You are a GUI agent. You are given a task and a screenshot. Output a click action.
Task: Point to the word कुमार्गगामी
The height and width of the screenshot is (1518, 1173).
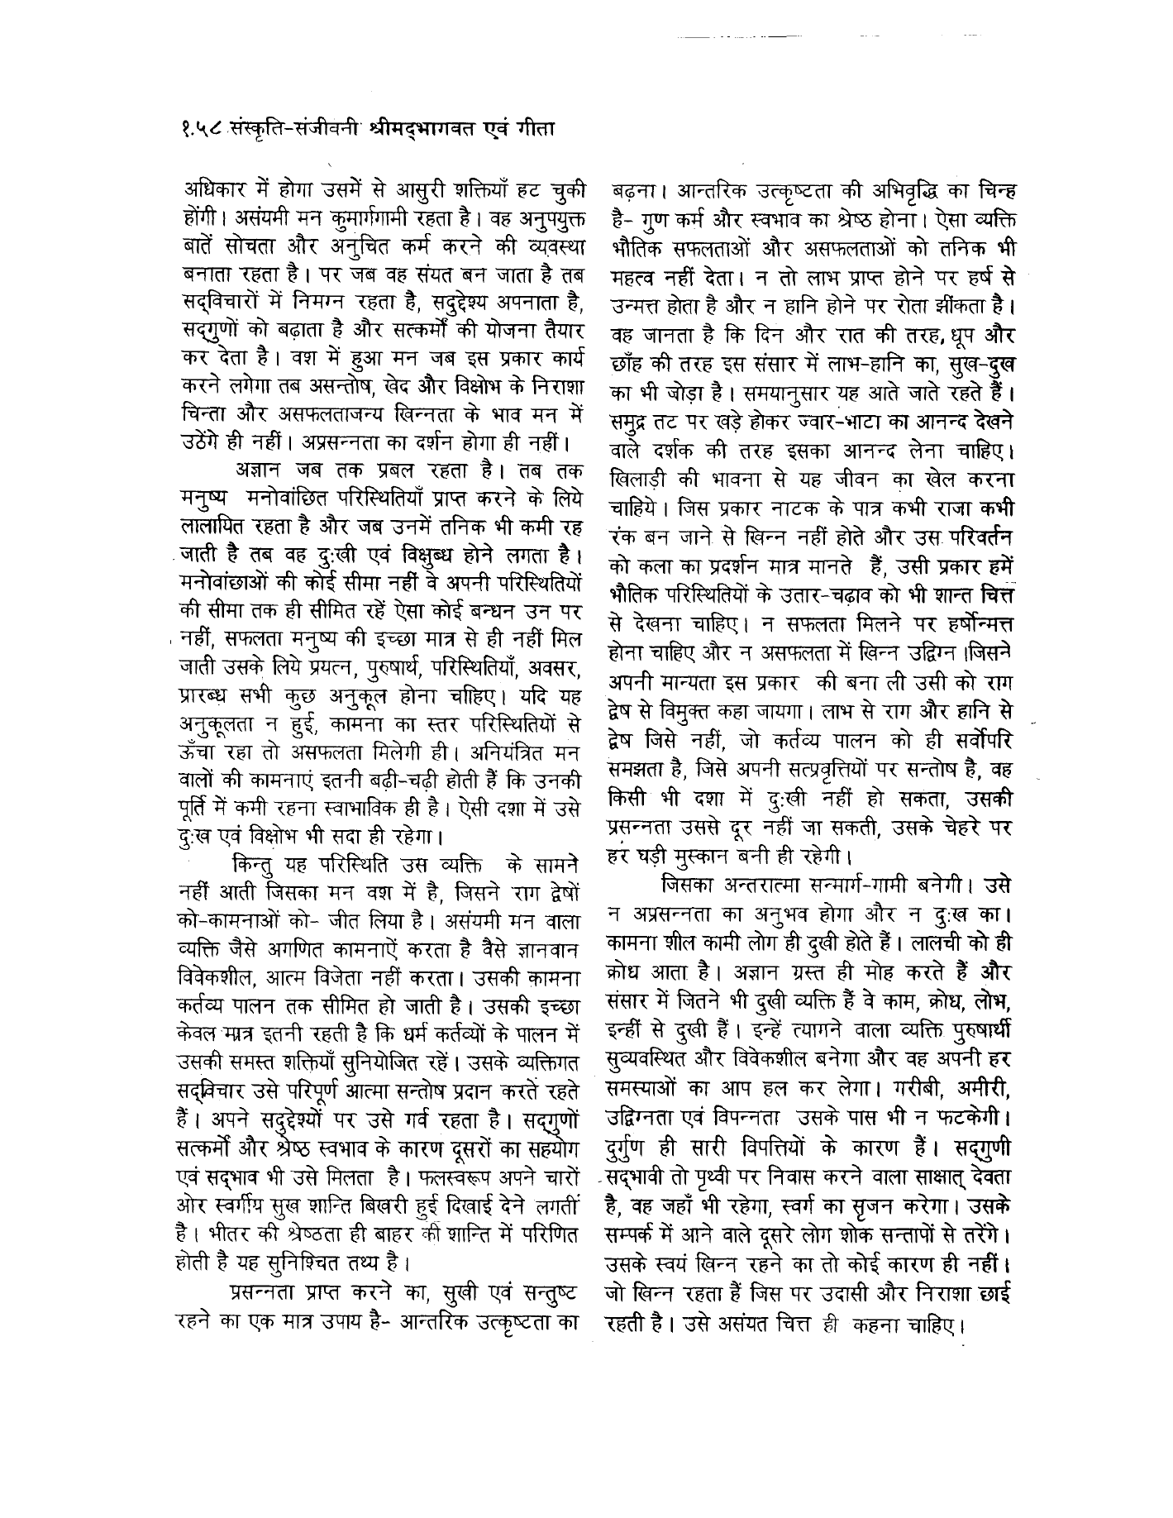tap(401, 221)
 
